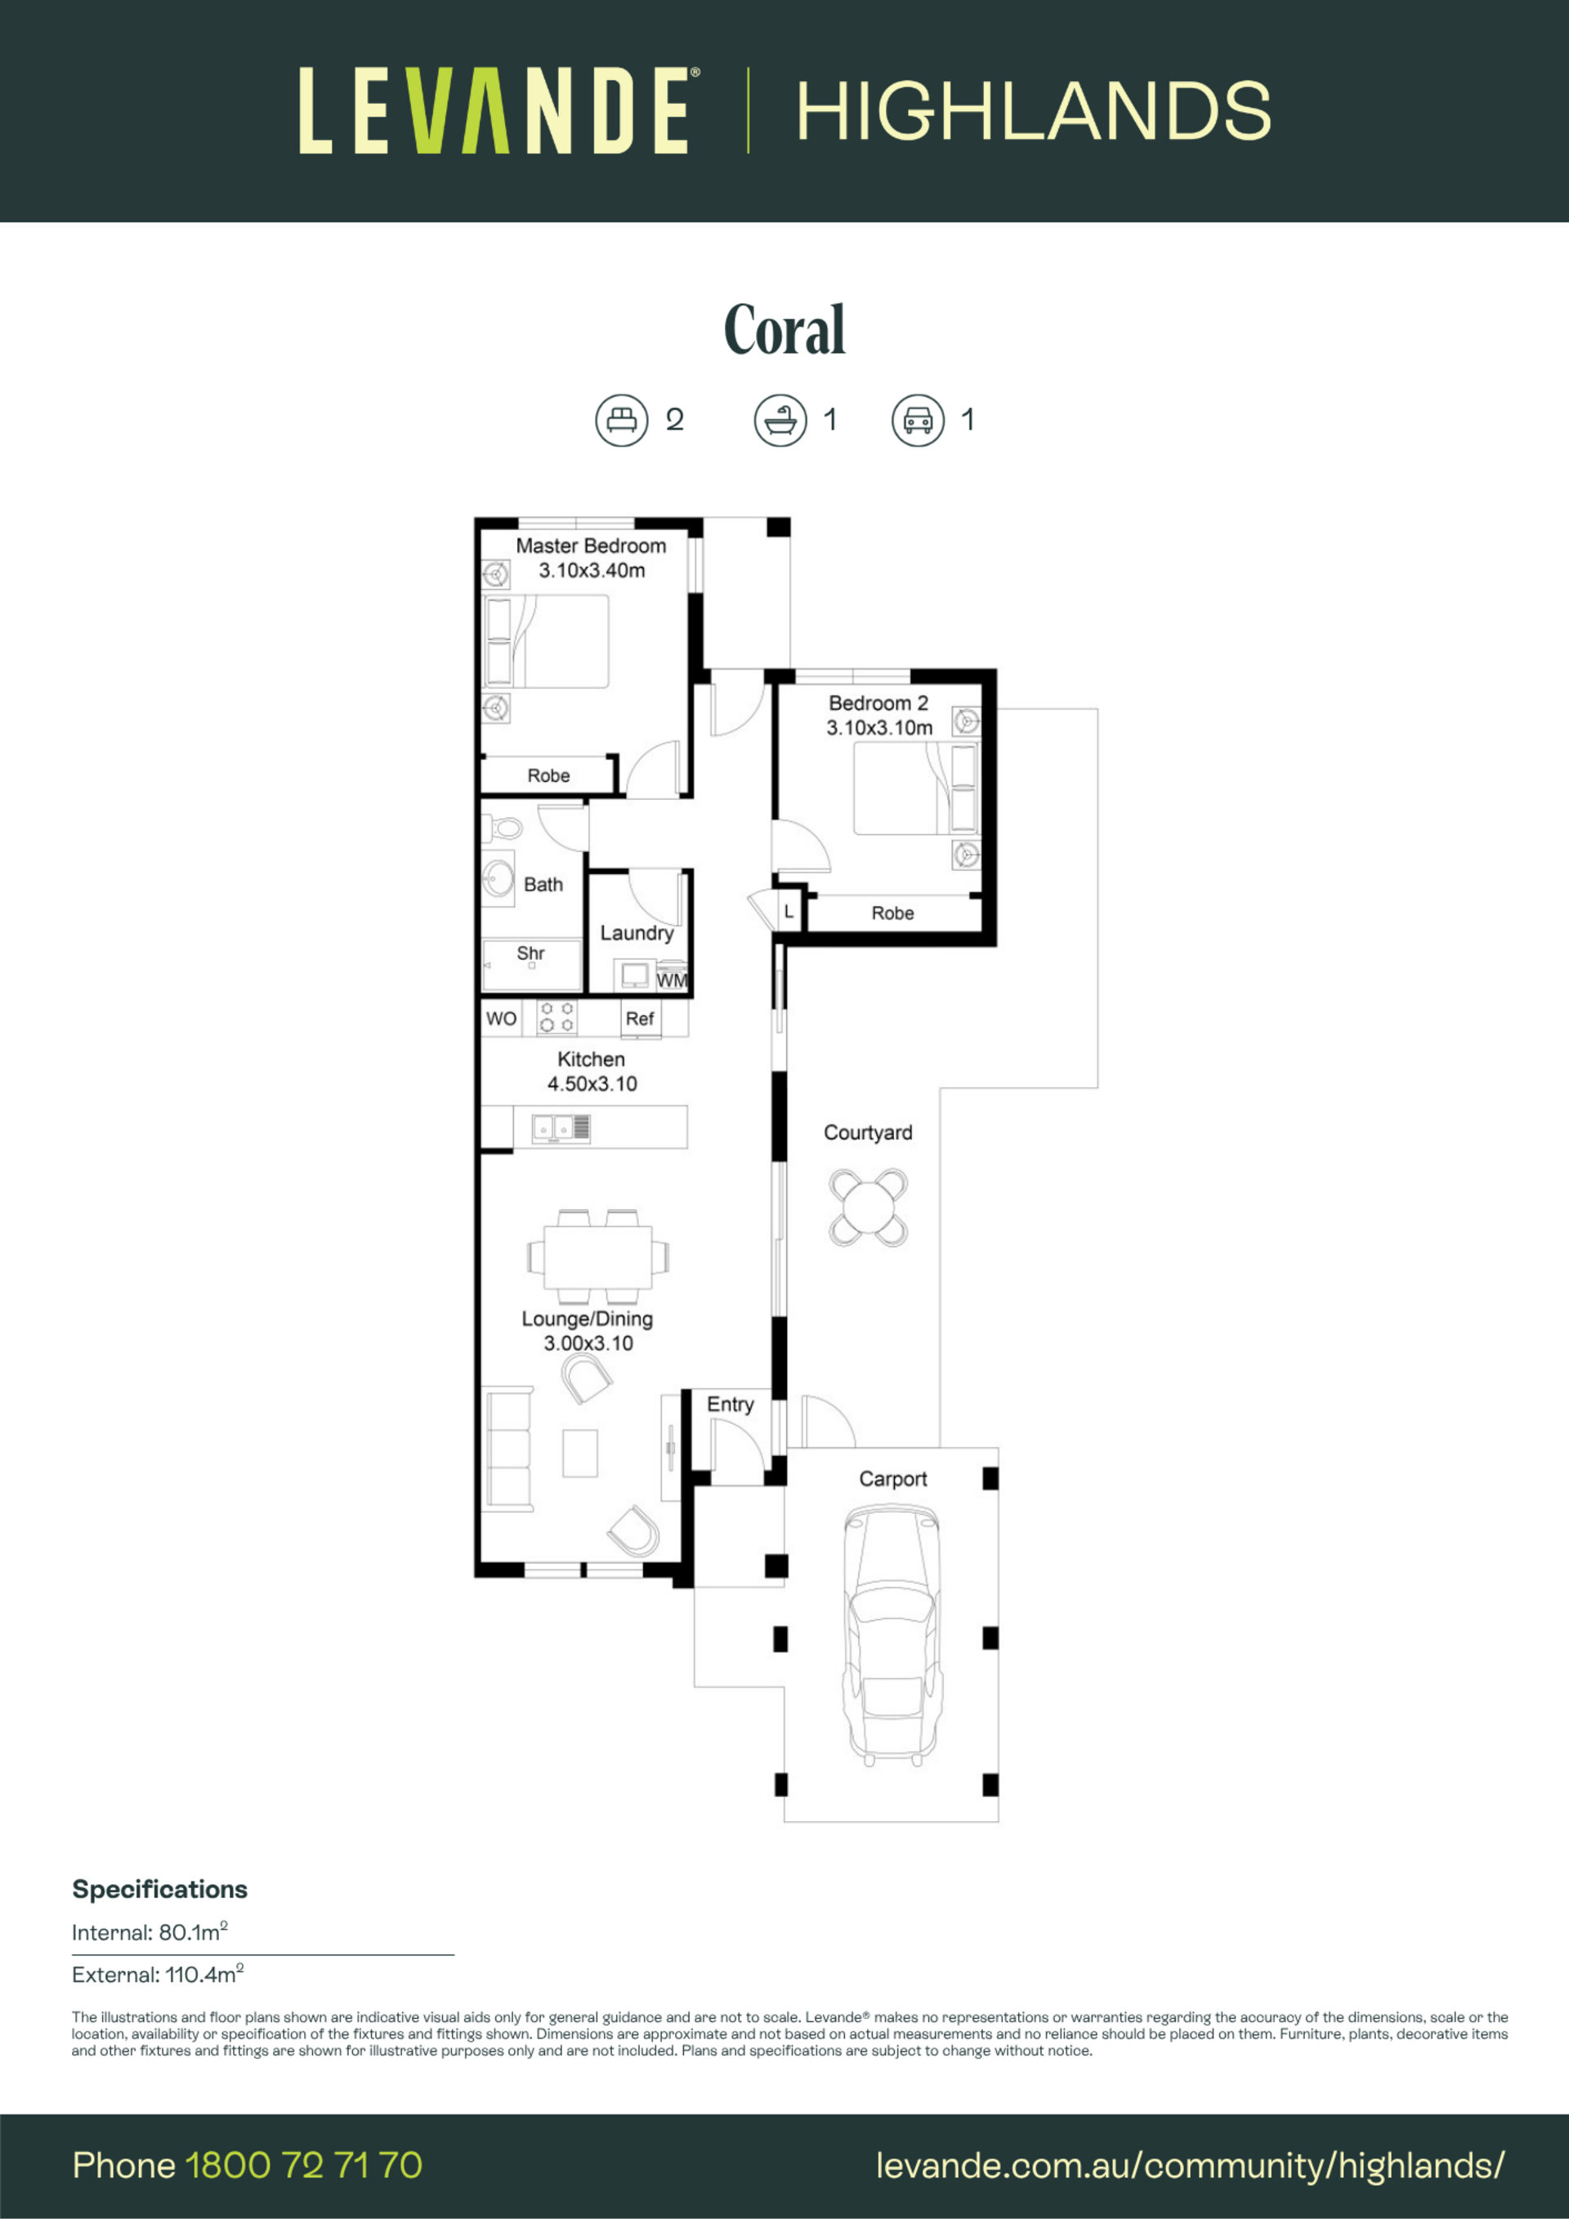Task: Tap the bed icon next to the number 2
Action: pyautogui.click(x=620, y=419)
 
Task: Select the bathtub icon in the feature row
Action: pyautogui.click(x=780, y=419)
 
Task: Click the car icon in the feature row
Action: pyautogui.click(x=918, y=419)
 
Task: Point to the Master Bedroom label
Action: pyautogui.click(x=591, y=546)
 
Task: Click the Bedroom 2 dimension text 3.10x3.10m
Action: pyautogui.click(x=878, y=728)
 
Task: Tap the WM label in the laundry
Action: pyautogui.click(x=672, y=980)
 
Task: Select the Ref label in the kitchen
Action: pyautogui.click(x=640, y=1019)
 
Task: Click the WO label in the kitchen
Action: pyautogui.click(x=501, y=1019)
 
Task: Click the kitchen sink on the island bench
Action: pyautogui.click(x=561, y=1127)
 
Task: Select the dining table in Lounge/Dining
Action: pyautogui.click(x=598, y=1257)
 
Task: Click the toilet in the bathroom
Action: pyautogui.click(x=503, y=828)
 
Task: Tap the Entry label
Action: pyautogui.click(x=730, y=1404)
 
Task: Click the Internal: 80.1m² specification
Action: pyautogui.click(x=150, y=1932)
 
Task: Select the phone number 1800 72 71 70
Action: pyautogui.click(x=303, y=2165)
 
